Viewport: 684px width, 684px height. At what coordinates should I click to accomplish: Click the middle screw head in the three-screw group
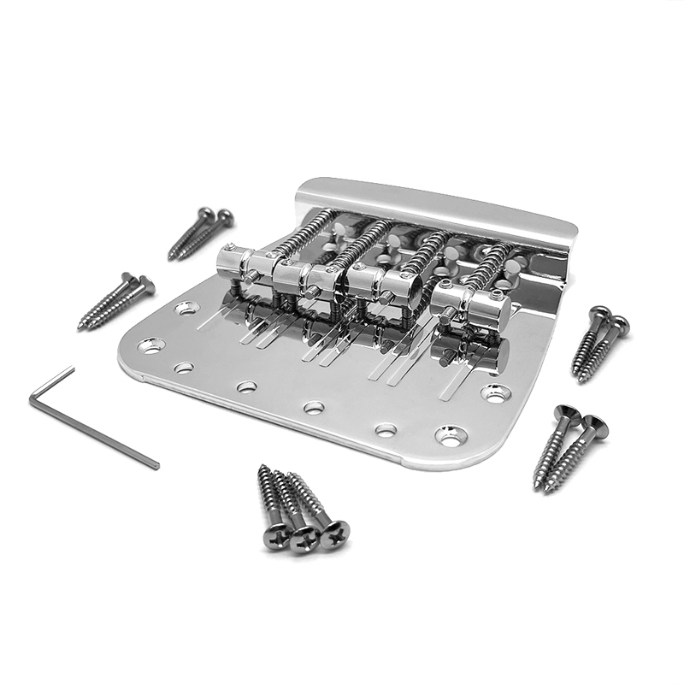[x=304, y=538]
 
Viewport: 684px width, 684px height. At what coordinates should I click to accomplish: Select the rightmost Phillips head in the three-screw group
[x=334, y=532]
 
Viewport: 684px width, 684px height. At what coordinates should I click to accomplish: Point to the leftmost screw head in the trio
[x=275, y=537]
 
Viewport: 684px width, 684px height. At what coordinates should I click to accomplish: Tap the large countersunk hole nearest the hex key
[x=152, y=346]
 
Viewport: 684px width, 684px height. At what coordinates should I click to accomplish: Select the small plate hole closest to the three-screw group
[x=314, y=408]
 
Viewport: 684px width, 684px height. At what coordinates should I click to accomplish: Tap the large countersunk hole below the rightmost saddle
[x=497, y=393]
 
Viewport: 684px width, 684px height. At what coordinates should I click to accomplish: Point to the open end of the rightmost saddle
[x=501, y=311]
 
